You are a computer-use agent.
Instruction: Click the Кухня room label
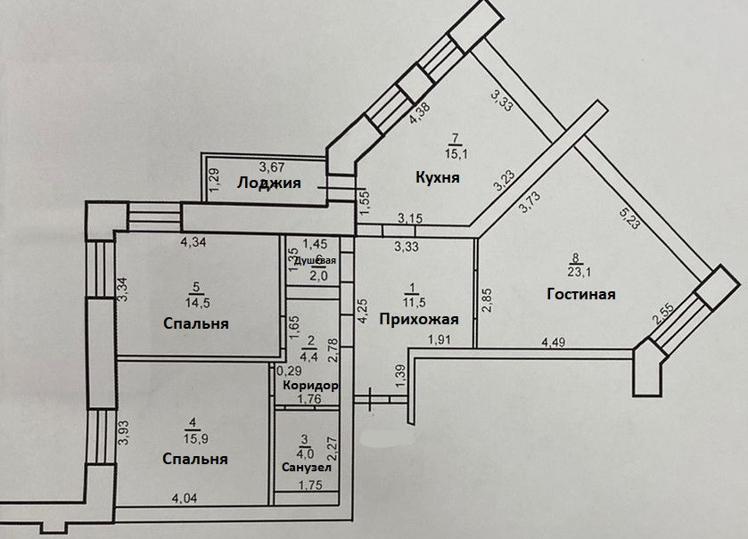coord(438,177)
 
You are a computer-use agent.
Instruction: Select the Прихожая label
coord(418,320)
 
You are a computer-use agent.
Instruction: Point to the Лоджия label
coord(268,184)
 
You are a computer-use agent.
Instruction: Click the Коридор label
coord(309,386)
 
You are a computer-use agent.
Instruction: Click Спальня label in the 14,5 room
coord(196,323)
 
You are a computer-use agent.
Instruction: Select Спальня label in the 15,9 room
coord(194,460)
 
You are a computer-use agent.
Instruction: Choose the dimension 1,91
coord(440,339)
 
